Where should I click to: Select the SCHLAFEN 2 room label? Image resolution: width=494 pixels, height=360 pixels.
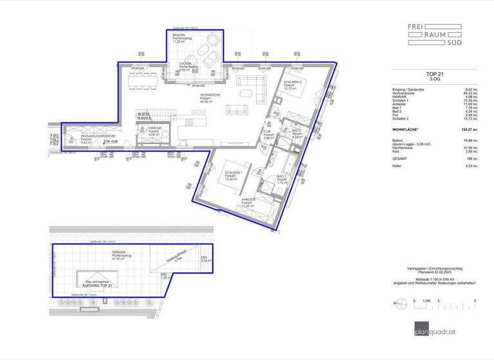click(290, 84)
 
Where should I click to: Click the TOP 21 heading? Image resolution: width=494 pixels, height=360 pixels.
click(435, 75)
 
